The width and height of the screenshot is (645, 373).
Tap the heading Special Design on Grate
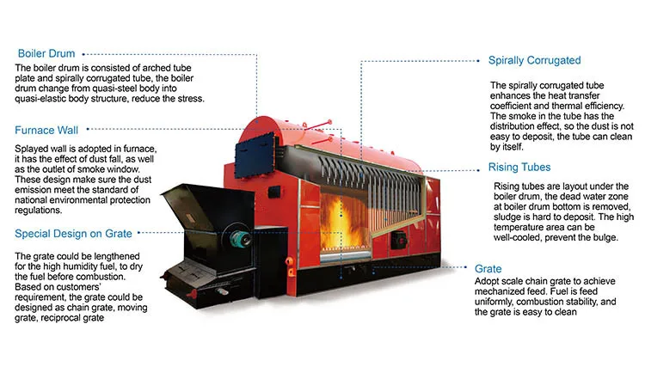(72, 233)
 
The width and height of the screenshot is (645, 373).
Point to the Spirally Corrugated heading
(534, 61)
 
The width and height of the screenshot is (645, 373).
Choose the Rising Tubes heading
(519, 167)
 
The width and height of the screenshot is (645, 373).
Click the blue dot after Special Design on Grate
(140, 233)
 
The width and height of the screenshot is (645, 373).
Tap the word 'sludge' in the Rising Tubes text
(509, 217)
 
